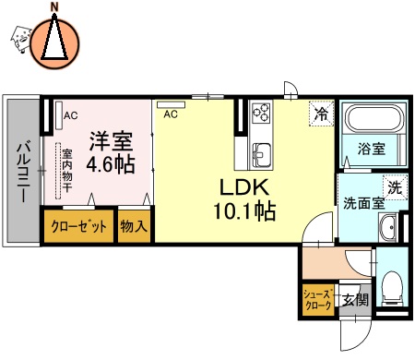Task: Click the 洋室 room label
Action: click(x=110, y=143)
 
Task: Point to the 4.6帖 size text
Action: click(x=110, y=166)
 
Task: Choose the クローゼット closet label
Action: click(x=78, y=226)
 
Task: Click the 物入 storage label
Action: click(x=134, y=226)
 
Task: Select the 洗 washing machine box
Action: click(x=394, y=186)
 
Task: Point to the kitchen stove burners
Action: click(x=262, y=113)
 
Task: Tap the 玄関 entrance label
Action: click(x=354, y=299)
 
